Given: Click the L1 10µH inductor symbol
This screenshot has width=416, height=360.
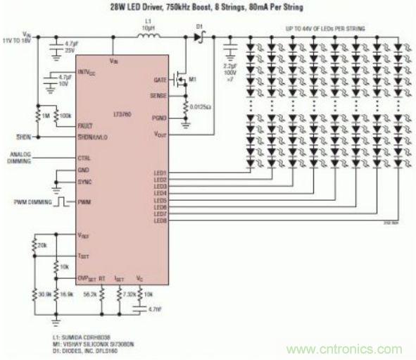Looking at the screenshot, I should [x=147, y=33].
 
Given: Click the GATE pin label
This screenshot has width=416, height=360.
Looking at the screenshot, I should [x=159, y=81].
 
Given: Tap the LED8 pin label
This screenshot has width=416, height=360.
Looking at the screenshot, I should [x=159, y=221].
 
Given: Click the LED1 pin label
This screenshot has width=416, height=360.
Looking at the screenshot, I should [x=159, y=173].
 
